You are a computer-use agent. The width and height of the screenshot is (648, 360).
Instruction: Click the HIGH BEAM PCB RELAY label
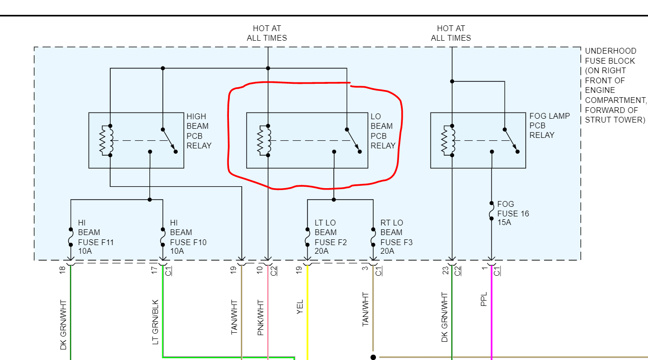[x=198, y=131]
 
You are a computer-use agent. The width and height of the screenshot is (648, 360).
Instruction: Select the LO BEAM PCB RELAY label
[x=382, y=131]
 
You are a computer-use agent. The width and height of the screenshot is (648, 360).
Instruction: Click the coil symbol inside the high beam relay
[x=106, y=141]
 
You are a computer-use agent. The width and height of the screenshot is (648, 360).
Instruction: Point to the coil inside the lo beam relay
[x=264, y=141]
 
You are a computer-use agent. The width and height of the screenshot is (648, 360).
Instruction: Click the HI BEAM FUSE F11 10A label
[x=96, y=237]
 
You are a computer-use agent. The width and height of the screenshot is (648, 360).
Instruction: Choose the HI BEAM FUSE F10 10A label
[x=188, y=237]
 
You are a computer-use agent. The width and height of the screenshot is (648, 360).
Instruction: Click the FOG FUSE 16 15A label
[x=513, y=213]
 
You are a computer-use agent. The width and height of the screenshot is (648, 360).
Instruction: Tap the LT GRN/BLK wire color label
[x=155, y=322]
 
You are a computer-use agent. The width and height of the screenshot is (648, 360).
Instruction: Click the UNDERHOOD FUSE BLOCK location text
[x=615, y=85]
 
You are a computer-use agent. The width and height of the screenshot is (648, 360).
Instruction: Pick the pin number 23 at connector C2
[x=445, y=271]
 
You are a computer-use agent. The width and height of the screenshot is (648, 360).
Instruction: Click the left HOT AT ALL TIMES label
[x=267, y=33]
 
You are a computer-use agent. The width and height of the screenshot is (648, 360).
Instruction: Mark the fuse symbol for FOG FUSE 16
[x=491, y=211]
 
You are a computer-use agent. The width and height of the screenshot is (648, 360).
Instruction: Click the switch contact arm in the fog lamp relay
[x=512, y=140]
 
